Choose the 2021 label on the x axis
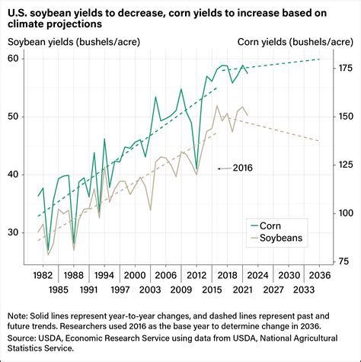click(242, 290)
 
